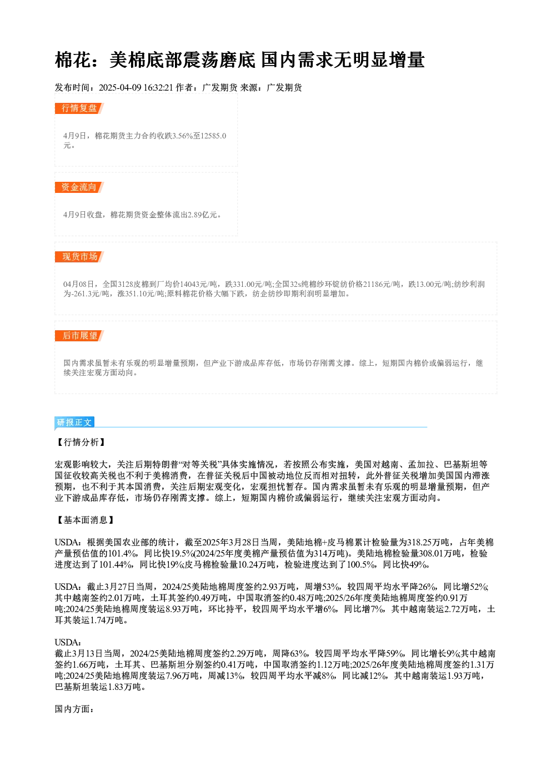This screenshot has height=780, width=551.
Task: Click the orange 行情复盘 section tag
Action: click(x=79, y=108)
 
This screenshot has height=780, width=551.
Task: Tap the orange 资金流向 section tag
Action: click(x=79, y=187)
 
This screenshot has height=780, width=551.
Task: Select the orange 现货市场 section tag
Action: click(x=79, y=257)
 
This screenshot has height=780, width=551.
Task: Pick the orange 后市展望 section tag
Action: click(x=79, y=336)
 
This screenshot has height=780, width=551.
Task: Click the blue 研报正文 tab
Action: click(x=74, y=423)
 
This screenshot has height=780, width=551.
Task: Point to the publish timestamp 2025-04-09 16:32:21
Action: click(x=136, y=87)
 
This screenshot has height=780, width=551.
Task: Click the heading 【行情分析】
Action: click(x=81, y=442)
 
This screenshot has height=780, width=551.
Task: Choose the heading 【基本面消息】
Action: click(x=85, y=520)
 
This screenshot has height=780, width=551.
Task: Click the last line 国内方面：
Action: click(x=74, y=709)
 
